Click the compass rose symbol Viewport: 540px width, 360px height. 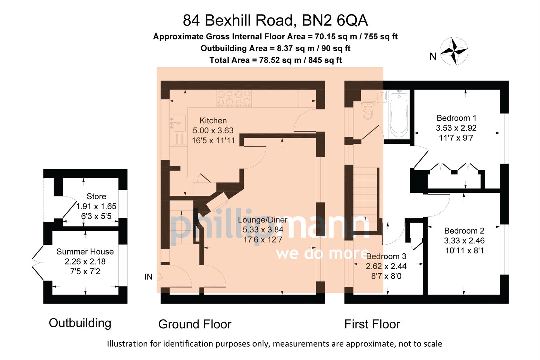(x=454, y=51)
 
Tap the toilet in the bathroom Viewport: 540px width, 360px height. (x=368, y=111)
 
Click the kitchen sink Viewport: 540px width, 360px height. (x=177, y=123)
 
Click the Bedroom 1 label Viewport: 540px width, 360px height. (x=456, y=118)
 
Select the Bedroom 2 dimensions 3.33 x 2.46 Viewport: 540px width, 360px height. (x=464, y=241)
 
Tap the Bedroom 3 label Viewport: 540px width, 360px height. (x=386, y=256)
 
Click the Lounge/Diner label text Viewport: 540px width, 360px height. (x=263, y=220)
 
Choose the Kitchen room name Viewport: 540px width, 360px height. (x=213, y=121)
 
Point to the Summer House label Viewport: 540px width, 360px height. (x=85, y=252)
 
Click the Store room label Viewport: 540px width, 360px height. (x=96, y=197)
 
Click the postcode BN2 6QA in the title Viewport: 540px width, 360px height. (x=335, y=20)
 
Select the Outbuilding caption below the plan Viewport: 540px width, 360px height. (x=80, y=323)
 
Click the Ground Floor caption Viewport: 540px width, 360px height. (x=195, y=324)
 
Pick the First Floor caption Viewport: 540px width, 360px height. (x=372, y=324)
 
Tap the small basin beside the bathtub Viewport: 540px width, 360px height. (x=382, y=95)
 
